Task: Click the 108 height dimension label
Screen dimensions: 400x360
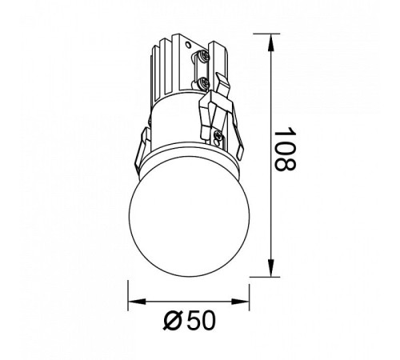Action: (x=285, y=149)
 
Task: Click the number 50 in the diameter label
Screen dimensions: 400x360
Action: (x=201, y=320)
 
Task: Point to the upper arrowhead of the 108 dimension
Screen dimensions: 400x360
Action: (x=271, y=42)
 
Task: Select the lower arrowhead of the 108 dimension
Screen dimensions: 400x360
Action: (x=271, y=267)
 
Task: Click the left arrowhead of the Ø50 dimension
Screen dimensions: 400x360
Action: (x=137, y=302)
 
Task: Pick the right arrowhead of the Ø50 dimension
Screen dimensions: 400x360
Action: (x=240, y=302)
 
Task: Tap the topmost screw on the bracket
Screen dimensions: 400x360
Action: (x=204, y=56)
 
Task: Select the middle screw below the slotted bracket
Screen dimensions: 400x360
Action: (x=204, y=82)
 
